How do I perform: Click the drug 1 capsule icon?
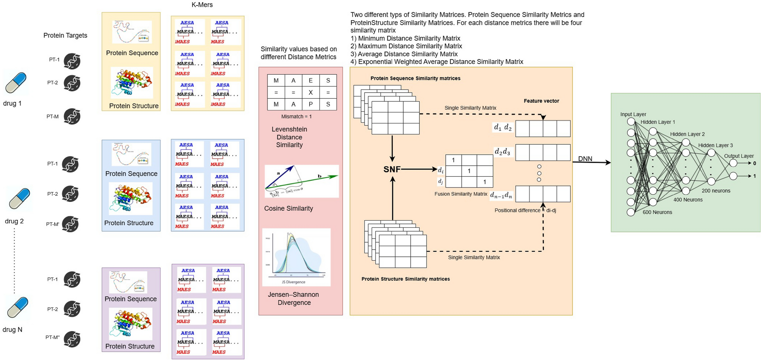tap(16, 83)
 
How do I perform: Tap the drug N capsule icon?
tap(18, 307)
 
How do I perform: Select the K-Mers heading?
tap(202, 5)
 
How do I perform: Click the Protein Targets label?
tap(65, 35)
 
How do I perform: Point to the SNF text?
tap(392, 170)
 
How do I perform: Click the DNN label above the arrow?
tap(585, 158)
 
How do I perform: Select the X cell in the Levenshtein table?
tap(311, 93)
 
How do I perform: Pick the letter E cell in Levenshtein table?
tap(311, 81)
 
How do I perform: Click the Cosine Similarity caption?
tap(288, 208)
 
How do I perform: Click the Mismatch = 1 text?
tap(296, 117)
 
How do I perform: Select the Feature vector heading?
tap(541, 101)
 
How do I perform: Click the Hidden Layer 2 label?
tap(687, 134)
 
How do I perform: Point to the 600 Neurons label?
tap(657, 212)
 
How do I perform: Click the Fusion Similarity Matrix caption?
tap(460, 194)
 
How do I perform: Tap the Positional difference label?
tap(517, 210)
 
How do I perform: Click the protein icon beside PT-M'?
tap(70, 224)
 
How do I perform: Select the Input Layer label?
tap(633, 114)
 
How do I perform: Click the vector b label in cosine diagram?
tap(319, 176)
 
